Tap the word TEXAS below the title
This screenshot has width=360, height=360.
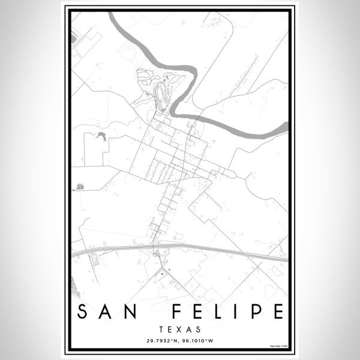tap(180, 329)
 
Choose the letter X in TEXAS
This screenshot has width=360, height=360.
tap(180, 329)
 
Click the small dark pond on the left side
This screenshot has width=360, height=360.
tap(100, 136)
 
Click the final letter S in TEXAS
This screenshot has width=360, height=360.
tap(199, 329)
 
